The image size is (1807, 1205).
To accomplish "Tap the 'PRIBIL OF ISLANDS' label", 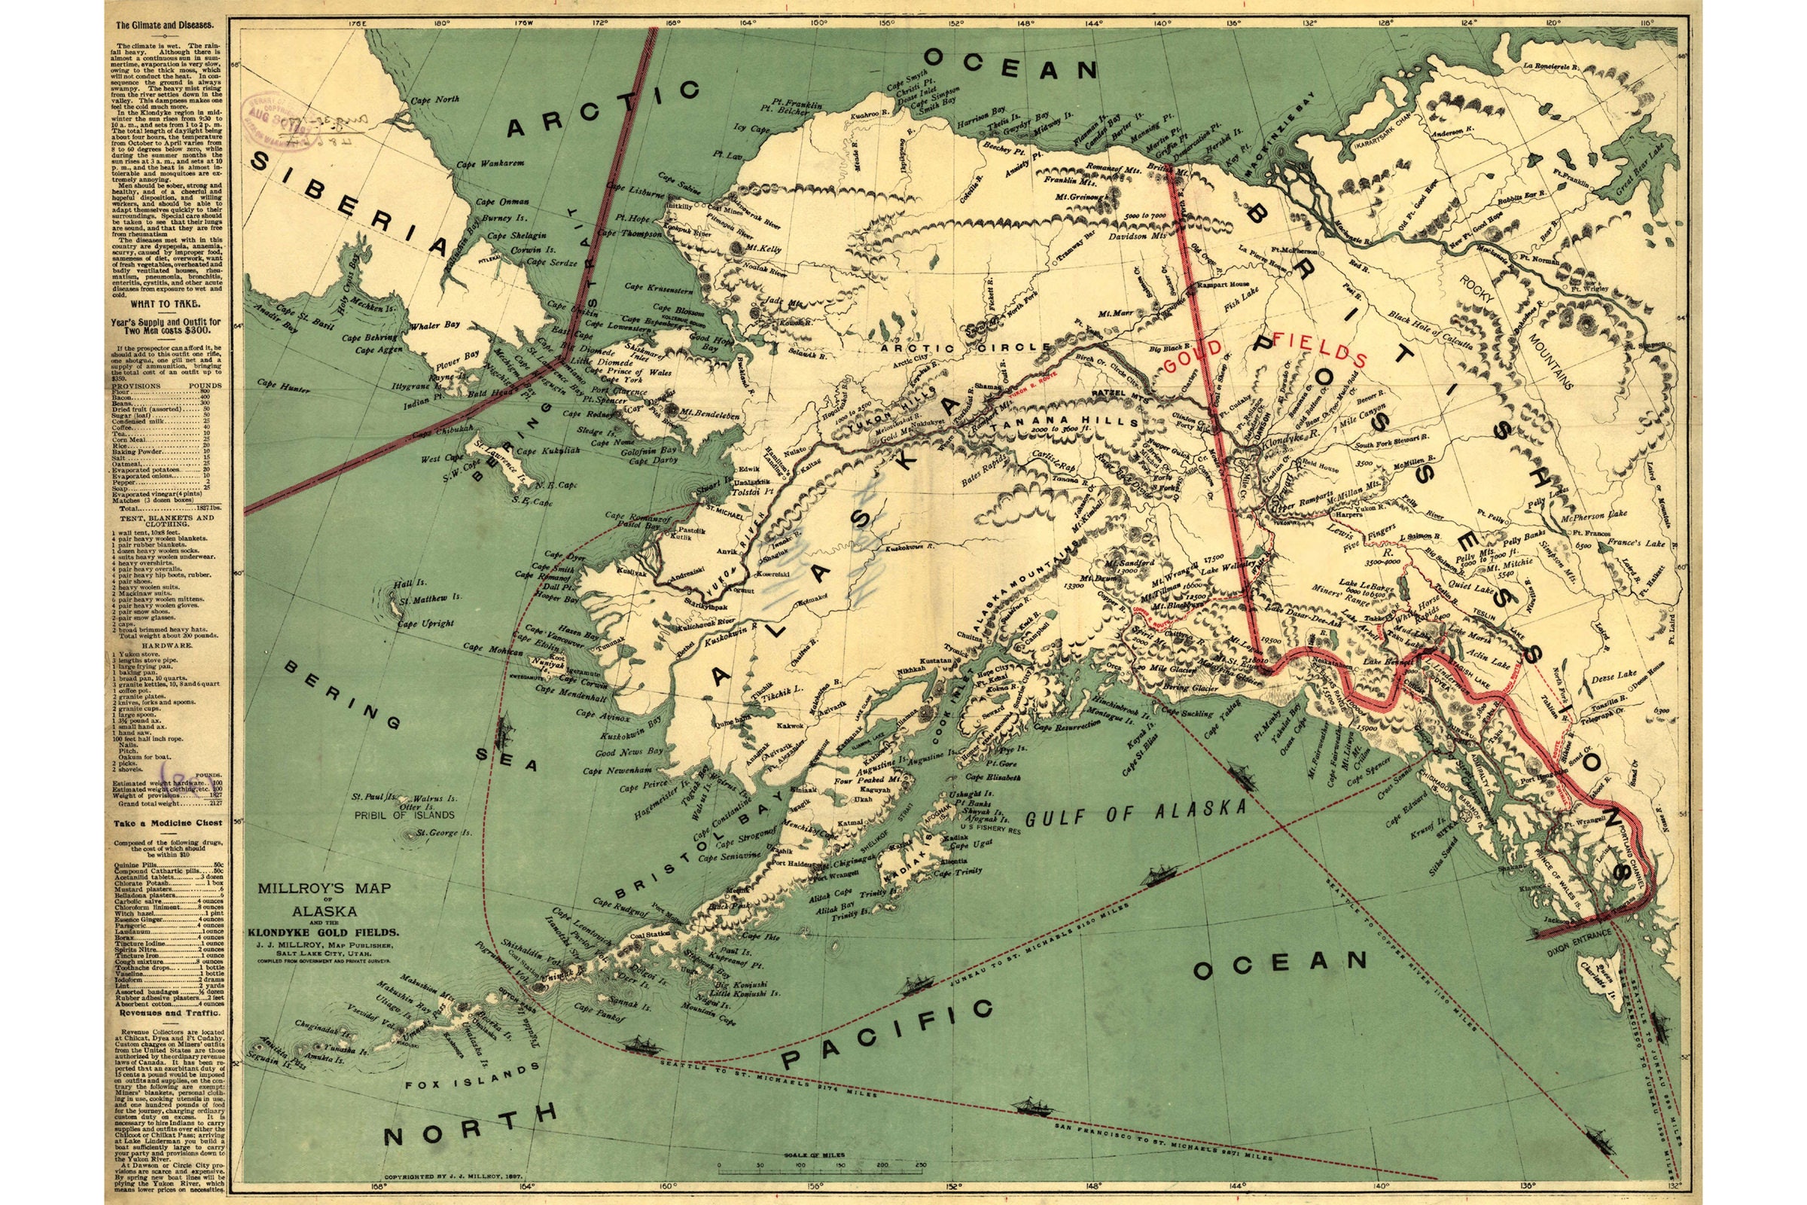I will (x=407, y=814).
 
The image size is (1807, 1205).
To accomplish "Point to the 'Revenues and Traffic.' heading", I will (x=162, y=1013).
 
